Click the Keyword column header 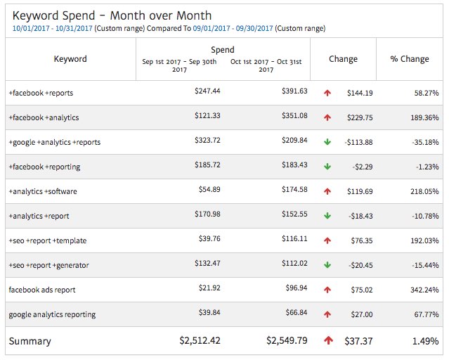click(x=70, y=59)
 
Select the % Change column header click(x=410, y=59)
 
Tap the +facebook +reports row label click(x=41, y=93)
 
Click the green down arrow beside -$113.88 click(x=327, y=141)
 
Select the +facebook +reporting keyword click(x=44, y=167)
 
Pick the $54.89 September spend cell click(x=207, y=190)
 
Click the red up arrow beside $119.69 click(x=327, y=191)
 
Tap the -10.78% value click(x=424, y=215)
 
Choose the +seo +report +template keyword click(x=48, y=240)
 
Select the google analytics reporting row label click(x=52, y=314)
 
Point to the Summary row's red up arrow click(x=328, y=340)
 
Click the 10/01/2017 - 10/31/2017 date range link click(x=52, y=28)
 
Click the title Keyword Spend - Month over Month click(x=112, y=15)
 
